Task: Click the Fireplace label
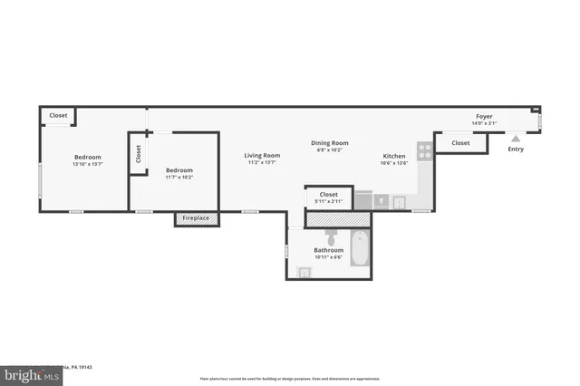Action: click(196, 218)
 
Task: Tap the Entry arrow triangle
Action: click(516, 139)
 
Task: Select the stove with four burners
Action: click(424, 150)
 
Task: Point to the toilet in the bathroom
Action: click(332, 237)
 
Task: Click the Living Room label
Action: click(262, 155)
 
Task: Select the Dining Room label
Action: click(330, 142)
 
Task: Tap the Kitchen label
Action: click(393, 156)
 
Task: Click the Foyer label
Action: click(485, 116)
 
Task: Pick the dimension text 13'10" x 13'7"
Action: click(88, 164)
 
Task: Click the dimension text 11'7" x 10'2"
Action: click(179, 178)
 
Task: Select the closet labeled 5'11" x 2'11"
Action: click(328, 197)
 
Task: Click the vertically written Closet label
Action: click(139, 154)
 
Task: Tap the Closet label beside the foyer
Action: click(460, 143)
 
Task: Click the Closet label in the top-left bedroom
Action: click(58, 115)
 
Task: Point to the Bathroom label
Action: click(328, 250)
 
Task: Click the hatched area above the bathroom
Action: click(338, 219)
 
